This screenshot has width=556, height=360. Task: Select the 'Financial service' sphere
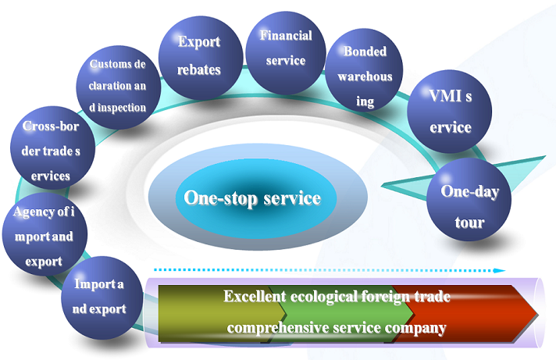pos(284,47)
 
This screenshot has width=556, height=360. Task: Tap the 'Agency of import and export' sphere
pos(38,234)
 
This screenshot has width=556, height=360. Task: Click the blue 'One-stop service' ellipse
pos(252,198)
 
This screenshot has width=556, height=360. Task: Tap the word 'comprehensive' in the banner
pos(276,327)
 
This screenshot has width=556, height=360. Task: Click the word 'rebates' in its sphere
pos(199,69)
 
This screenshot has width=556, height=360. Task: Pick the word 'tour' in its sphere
pos(469,223)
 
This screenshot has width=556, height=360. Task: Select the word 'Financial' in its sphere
pos(285,36)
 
